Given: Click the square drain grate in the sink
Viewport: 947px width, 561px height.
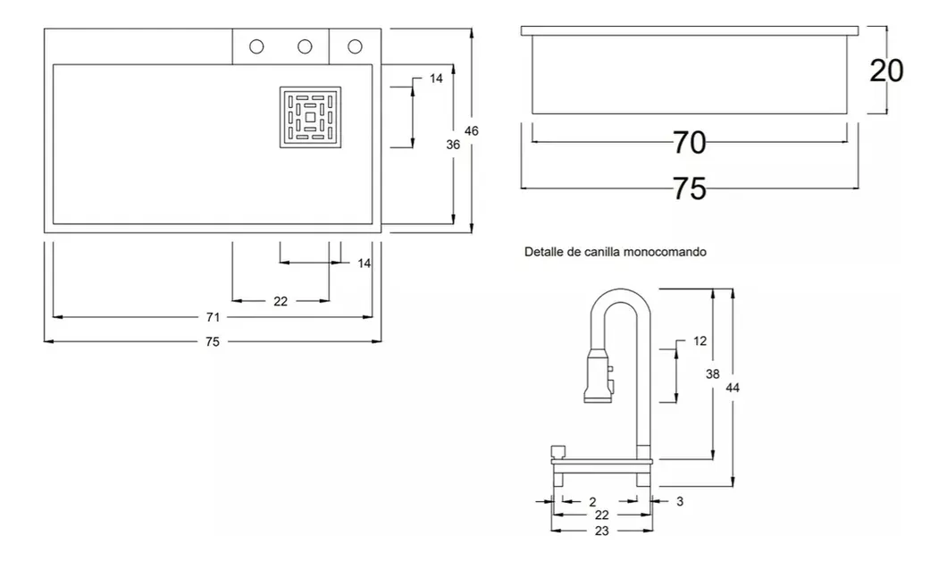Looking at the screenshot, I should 310,117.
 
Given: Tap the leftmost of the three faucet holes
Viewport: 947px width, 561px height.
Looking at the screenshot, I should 256,46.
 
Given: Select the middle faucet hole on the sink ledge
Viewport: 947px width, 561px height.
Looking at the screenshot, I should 304,46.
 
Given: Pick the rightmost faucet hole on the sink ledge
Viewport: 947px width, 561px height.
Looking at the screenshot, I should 355,46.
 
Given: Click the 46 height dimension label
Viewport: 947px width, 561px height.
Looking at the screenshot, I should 472,131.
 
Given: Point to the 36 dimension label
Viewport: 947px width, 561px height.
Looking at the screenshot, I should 453,145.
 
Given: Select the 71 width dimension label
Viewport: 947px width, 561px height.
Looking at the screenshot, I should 213,317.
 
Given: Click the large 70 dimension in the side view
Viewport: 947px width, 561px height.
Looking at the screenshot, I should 689,142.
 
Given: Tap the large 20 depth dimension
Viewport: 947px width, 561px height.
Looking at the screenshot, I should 886,71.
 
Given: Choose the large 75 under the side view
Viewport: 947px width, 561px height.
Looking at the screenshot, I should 689,188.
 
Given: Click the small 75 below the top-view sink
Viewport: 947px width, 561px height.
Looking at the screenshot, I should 213,341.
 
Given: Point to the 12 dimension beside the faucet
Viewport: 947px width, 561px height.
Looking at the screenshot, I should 700,341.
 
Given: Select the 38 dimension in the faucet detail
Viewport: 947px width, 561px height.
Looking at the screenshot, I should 712,375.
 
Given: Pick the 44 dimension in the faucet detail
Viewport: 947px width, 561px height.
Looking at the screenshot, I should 733,387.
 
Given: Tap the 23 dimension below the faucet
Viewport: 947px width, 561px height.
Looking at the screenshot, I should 600,530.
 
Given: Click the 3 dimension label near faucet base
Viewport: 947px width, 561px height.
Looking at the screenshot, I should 679,502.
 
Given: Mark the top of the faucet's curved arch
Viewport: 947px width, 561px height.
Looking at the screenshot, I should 619,292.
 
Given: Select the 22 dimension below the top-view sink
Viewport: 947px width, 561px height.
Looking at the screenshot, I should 281,301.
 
